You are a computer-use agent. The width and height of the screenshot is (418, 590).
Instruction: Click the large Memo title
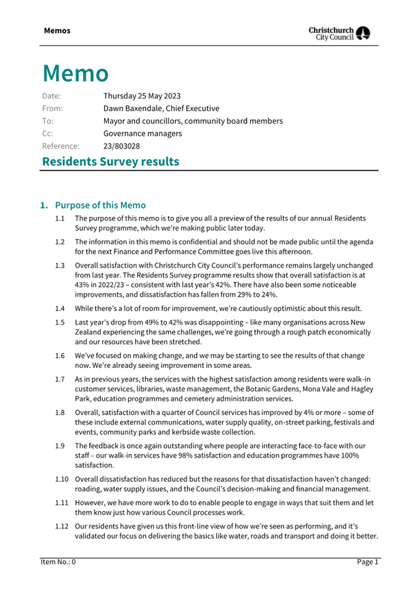click(x=76, y=73)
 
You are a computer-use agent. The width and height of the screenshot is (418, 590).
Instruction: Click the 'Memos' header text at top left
click(x=57, y=30)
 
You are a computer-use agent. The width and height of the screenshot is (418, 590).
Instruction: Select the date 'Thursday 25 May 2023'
click(x=142, y=96)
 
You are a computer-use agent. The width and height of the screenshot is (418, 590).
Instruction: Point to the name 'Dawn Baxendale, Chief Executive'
click(x=161, y=108)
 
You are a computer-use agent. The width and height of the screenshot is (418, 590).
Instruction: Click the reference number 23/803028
click(x=121, y=146)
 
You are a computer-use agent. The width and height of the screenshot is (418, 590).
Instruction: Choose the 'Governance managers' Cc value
click(x=142, y=134)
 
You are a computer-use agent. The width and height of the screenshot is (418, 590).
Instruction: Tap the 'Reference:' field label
click(x=61, y=146)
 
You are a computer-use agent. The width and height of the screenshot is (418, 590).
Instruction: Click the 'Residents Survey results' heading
click(x=110, y=162)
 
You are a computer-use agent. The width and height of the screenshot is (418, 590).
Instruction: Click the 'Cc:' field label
click(x=48, y=134)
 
